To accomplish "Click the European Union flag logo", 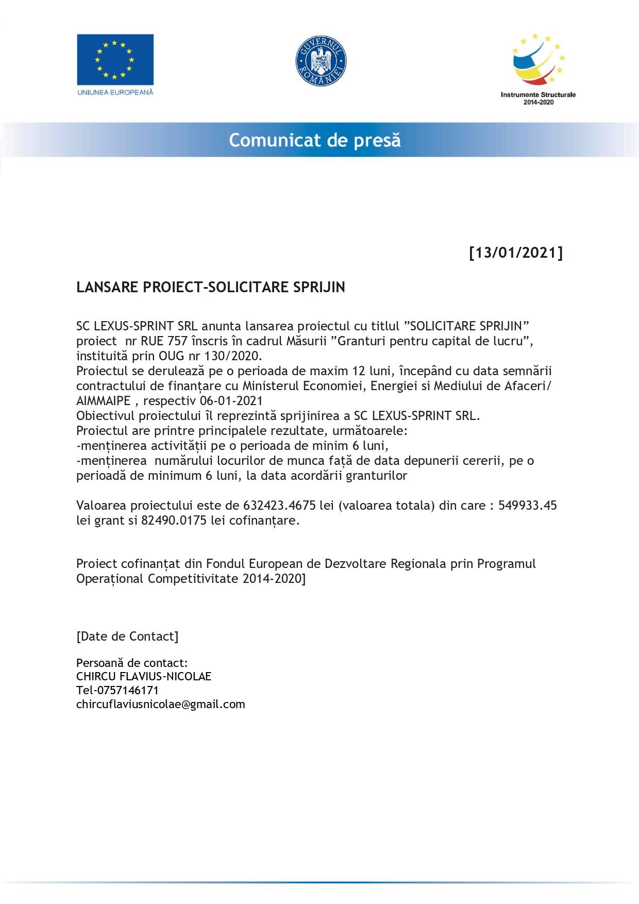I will tap(115, 60).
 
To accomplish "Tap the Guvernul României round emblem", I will tap(321, 61).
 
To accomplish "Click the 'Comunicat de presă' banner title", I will tap(315, 140).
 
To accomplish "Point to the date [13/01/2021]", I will tap(516, 253).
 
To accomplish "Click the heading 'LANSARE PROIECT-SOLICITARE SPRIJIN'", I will tap(211, 287).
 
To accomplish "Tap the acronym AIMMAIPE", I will tap(104, 400).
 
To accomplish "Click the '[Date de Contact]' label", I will tap(127, 636).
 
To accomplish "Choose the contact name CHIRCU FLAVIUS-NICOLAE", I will tap(144, 676).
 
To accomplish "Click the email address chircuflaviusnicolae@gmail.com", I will tap(161, 704).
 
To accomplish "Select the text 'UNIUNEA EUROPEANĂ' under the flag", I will tap(115, 92).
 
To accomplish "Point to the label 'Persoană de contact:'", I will tap(132, 662).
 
